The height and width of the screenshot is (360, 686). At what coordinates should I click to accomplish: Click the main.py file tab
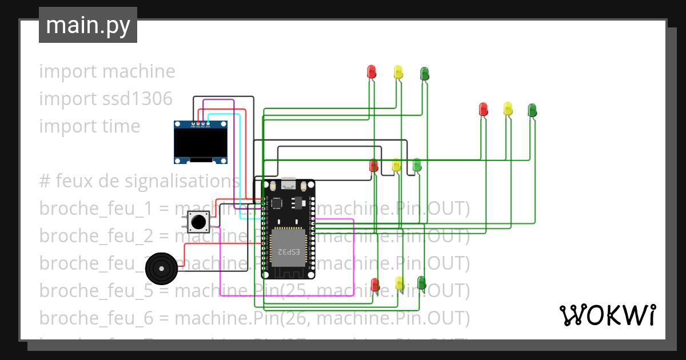pyautogui.click(x=88, y=25)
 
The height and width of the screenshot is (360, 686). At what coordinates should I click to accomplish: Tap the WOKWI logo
pyautogui.click(x=607, y=315)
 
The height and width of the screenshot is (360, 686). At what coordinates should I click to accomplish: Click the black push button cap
pyautogui.click(x=198, y=221)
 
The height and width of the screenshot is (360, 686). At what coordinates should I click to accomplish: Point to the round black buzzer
pyautogui.click(x=161, y=267)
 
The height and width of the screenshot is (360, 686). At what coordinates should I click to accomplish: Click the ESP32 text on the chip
pyautogui.click(x=289, y=251)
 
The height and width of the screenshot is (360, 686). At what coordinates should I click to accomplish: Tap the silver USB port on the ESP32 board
pyautogui.click(x=289, y=184)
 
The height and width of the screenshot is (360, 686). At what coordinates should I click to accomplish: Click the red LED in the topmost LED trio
pyautogui.click(x=371, y=71)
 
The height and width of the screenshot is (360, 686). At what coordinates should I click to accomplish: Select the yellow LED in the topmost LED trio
pyautogui.click(x=398, y=72)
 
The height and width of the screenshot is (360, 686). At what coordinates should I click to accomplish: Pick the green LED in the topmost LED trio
pyautogui.click(x=424, y=73)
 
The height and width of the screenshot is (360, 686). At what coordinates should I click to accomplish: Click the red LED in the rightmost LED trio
pyautogui.click(x=483, y=109)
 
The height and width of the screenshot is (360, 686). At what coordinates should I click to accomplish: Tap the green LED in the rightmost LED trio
pyautogui.click(x=532, y=110)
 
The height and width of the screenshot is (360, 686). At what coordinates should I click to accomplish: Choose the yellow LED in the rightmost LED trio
pyautogui.click(x=508, y=109)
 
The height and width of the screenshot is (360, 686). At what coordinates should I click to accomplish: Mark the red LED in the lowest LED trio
pyautogui.click(x=375, y=284)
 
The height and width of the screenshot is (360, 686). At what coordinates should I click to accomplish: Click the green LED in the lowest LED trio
pyautogui.click(x=421, y=282)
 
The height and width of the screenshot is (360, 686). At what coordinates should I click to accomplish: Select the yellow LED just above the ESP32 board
pyautogui.click(x=396, y=165)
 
